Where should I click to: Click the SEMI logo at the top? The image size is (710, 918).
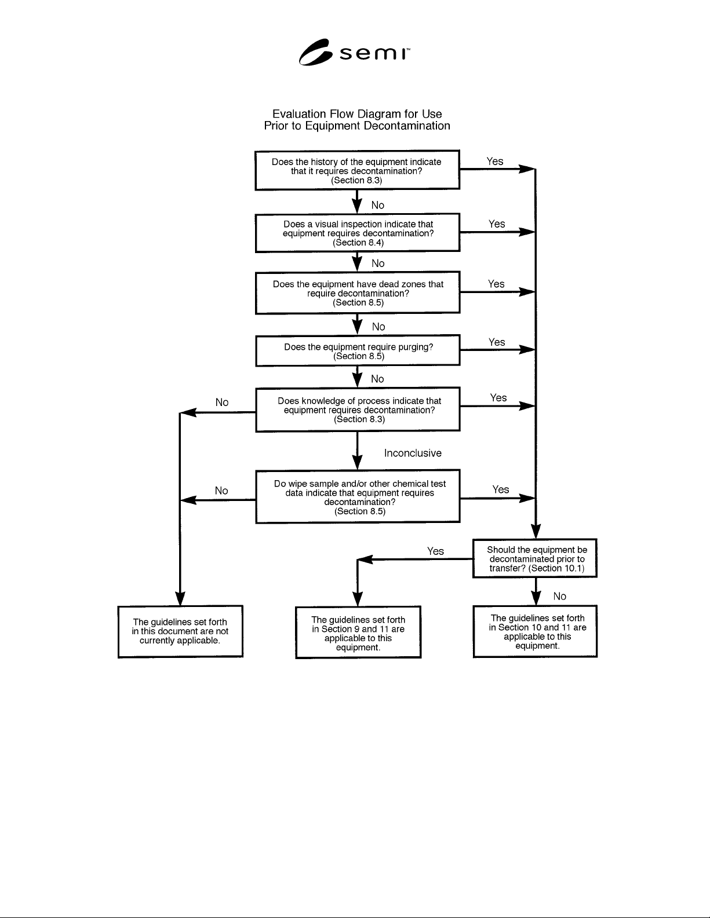[354, 52]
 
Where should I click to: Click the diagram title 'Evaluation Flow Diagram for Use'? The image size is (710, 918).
[357, 114]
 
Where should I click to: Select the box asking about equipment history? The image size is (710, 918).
[357, 170]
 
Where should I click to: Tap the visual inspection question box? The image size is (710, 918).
[358, 233]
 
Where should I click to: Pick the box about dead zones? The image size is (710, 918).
[358, 292]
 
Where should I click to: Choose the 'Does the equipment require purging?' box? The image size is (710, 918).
[358, 350]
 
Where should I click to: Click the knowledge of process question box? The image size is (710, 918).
[358, 409]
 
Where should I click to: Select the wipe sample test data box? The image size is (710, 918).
[358, 496]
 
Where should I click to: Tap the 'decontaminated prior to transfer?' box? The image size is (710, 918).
[534, 558]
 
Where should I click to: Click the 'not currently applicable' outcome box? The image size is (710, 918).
[180, 631]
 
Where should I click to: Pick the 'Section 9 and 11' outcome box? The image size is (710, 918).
[358, 632]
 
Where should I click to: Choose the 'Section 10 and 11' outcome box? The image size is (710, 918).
[535, 631]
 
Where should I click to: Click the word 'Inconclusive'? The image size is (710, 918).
[413, 453]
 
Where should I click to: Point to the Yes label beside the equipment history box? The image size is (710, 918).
[494, 162]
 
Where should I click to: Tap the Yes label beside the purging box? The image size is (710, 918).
[497, 342]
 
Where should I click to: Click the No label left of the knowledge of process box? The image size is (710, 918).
[222, 402]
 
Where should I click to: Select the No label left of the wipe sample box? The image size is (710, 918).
[221, 491]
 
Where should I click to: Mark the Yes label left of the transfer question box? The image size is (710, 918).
[435, 551]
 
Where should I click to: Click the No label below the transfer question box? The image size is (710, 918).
[559, 596]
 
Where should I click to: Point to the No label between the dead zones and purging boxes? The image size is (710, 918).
[378, 327]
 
